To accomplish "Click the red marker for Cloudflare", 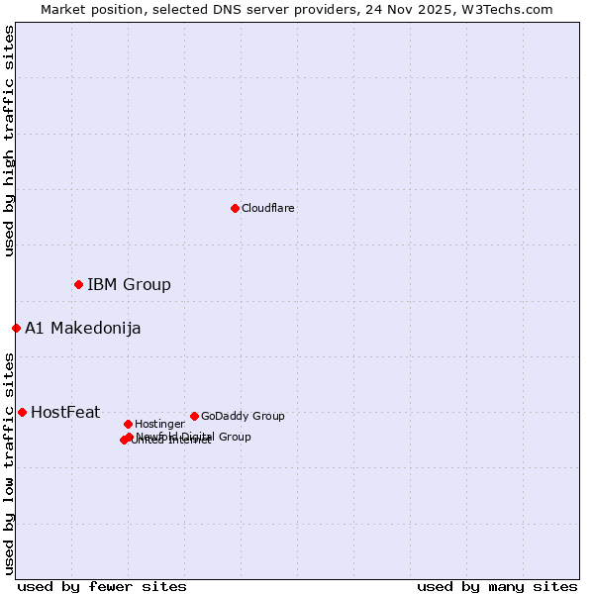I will coord(235,208).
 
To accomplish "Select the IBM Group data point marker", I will coord(78,284).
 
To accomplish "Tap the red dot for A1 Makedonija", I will coord(16,328).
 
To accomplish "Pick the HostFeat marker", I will coord(22,412).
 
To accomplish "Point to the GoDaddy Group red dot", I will coord(194,416).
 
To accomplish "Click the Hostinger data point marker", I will coord(128,424).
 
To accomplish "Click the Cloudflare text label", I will coord(268,208).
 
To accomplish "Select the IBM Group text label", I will coord(129,285).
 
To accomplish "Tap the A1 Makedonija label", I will coord(82,329).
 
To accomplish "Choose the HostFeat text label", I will coord(65,413).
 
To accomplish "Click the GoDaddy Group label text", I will coord(243,416).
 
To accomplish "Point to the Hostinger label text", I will coord(159,424).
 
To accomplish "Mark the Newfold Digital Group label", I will coord(194,436).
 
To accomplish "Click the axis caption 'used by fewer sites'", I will coord(102,586).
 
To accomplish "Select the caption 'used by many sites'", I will coord(497,586).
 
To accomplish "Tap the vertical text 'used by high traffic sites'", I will coord(9,141).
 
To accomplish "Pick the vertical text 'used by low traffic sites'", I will coord(9,463).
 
